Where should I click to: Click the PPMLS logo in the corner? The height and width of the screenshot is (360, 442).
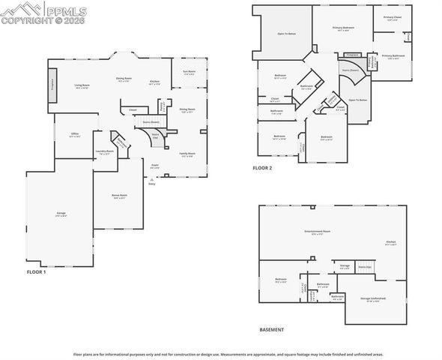click(x=43, y=13)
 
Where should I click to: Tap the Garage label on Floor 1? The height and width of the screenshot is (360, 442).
click(x=61, y=214)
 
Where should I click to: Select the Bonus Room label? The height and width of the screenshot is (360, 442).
click(x=119, y=196)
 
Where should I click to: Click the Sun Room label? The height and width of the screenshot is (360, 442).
click(x=189, y=72)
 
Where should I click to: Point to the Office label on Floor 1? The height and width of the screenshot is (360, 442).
click(x=75, y=134)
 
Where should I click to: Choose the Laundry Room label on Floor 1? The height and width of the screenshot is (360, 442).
click(x=104, y=151)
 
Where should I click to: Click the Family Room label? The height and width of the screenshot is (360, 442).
click(x=187, y=154)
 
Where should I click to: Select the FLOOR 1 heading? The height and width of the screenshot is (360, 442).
click(x=36, y=271)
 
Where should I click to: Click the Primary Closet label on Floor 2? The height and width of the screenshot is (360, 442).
click(x=393, y=18)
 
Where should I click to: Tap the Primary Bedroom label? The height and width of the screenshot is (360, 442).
click(x=343, y=28)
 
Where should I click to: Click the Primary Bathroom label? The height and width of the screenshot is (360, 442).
click(x=393, y=56)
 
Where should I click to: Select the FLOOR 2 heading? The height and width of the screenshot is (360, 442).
click(x=261, y=168)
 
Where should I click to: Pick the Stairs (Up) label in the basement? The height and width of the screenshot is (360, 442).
click(x=365, y=266)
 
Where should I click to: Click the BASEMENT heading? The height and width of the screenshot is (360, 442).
click(x=271, y=330)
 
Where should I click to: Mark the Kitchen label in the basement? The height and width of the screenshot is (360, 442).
click(x=390, y=242)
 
